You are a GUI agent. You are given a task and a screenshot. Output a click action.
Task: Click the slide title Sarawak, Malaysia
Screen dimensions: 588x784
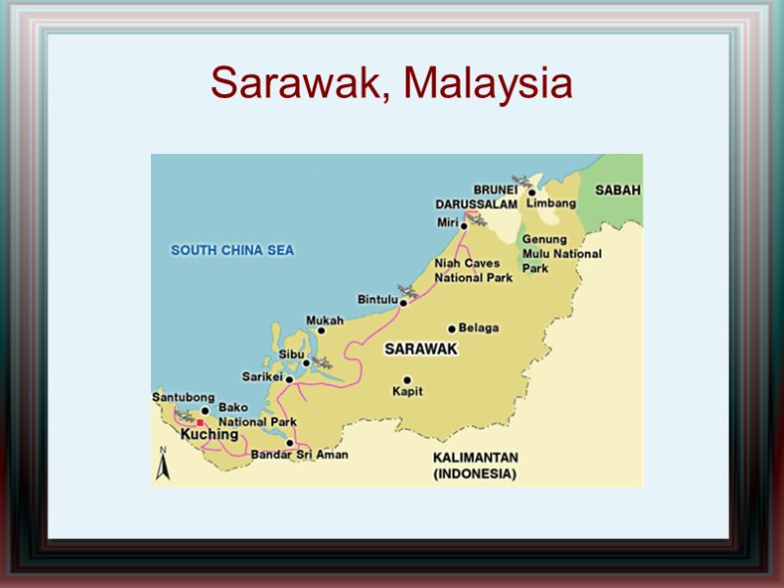[x=391, y=83]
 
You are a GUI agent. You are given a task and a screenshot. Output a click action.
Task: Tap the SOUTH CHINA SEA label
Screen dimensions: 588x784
[x=232, y=250]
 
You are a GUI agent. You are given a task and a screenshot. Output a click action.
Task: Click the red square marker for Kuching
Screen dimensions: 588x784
[x=200, y=422]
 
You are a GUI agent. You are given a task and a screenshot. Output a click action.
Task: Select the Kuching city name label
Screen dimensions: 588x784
[x=210, y=434]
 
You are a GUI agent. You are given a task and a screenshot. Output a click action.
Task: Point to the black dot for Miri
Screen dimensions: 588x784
[x=464, y=224]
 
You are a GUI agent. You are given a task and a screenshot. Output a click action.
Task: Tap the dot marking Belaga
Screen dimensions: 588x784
[x=452, y=328]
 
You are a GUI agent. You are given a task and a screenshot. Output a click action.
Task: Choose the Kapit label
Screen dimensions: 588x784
[x=407, y=392]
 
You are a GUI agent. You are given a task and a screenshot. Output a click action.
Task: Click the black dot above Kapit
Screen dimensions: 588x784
[x=407, y=380]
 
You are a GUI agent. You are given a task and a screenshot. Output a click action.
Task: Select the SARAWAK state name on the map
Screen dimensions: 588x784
[x=420, y=349]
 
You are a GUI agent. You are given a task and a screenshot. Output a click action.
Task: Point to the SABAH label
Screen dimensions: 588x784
[x=618, y=190]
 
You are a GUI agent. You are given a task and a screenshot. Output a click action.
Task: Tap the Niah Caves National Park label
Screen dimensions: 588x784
[x=473, y=270]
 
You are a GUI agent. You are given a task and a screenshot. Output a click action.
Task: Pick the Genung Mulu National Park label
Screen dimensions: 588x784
[x=562, y=254]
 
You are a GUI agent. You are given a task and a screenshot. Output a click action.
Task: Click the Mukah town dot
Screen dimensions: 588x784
[x=320, y=331]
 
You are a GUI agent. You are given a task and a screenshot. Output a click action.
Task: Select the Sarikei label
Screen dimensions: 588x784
[x=262, y=376]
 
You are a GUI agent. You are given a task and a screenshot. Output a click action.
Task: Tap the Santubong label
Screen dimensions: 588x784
[x=183, y=397]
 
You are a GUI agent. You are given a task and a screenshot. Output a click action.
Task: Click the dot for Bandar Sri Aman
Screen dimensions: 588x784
[x=290, y=443]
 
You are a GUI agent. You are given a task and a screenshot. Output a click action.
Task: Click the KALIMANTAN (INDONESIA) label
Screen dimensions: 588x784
[x=475, y=465]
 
